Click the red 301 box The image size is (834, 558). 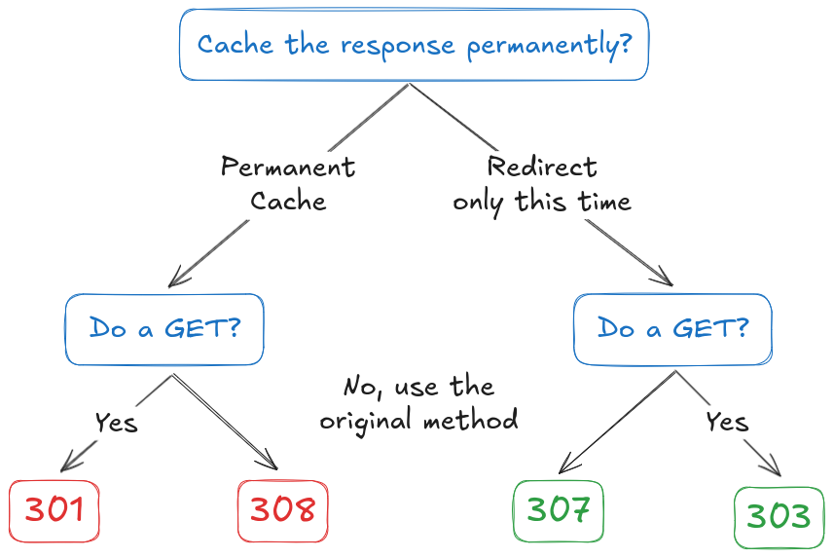[x=54, y=511]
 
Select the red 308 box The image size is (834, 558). [x=282, y=511]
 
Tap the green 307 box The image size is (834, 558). [x=559, y=511]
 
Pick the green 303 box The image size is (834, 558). [x=779, y=517]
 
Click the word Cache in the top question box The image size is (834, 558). [x=236, y=44]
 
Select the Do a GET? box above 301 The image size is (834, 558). [x=164, y=329]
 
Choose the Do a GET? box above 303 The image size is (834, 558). [x=672, y=329]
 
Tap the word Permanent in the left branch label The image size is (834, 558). [x=288, y=167]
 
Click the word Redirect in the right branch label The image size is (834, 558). [x=542, y=167]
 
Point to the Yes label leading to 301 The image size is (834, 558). [x=117, y=423]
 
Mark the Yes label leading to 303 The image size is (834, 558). [x=727, y=422]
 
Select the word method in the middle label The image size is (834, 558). [x=471, y=420]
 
